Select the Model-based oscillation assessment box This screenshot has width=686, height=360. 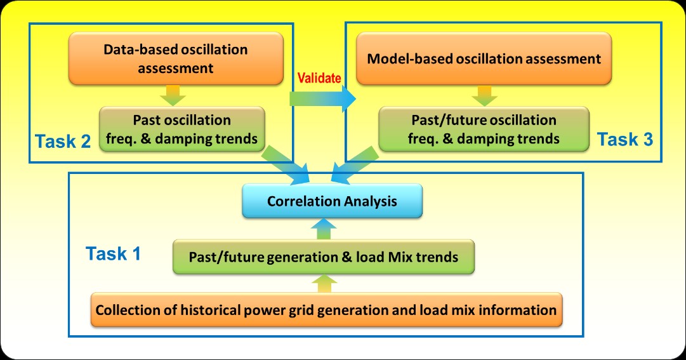(x=484, y=59)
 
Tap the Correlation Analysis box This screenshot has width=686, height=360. (x=332, y=201)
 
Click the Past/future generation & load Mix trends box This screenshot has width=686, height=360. (x=324, y=257)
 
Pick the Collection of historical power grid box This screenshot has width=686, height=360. (x=326, y=310)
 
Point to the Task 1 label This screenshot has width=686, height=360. (x=113, y=255)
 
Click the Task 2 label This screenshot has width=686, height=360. (x=63, y=141)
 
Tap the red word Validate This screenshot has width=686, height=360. (x=319, y=77)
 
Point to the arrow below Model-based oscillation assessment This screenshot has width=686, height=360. (x=484, y=96)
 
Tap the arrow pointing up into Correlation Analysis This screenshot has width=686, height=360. (x=324, y=228)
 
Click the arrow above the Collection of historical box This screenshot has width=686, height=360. (x=324, y=283)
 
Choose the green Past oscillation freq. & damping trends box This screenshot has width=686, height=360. (x=181, y=128)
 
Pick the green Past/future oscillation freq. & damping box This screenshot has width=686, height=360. (x=483, y=128)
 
